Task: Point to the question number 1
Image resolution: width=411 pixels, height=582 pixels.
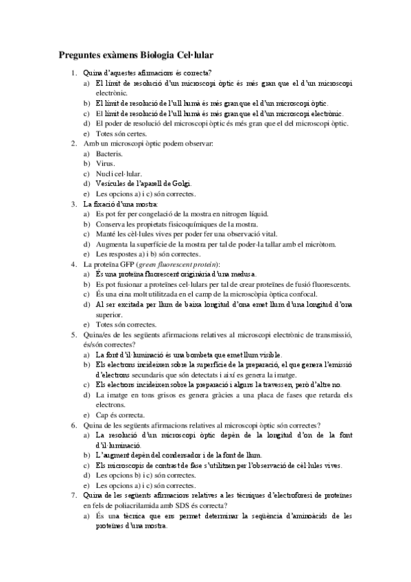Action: [x=74, y=73]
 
